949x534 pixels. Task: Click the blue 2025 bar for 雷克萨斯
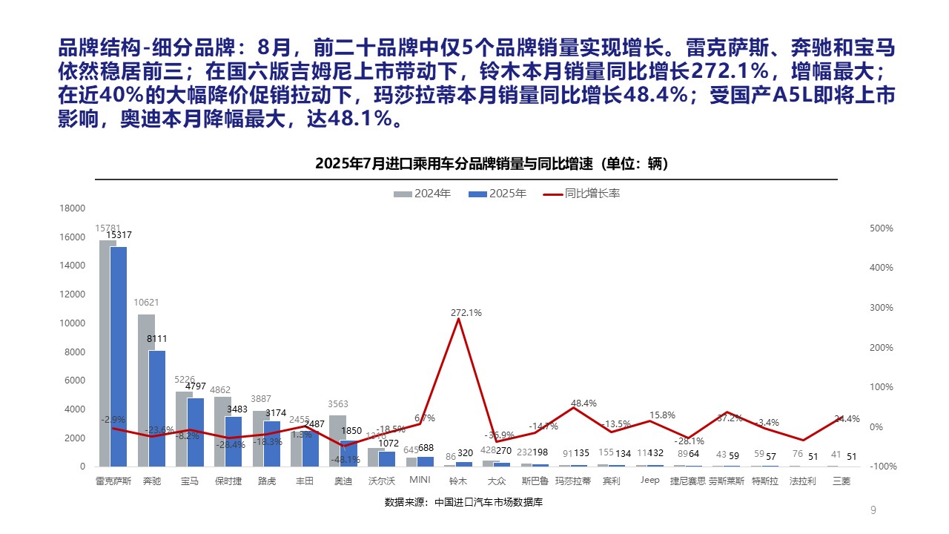click(x=119, y=356)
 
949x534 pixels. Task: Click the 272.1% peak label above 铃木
click(x=466, y=313)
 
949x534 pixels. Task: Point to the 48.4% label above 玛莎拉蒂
click(x=583, y=403)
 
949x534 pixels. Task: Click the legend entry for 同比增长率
click(x=582, y=194)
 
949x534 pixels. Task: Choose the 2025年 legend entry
click(x=498, y=194)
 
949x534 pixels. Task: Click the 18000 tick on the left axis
click(x=73, y=208)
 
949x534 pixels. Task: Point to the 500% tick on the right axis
click(x=882, y=228)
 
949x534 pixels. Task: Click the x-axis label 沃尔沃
click(x=381, y=481)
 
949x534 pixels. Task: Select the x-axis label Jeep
click(x=649, y=481)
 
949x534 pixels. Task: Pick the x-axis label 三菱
click(x=841, y=481)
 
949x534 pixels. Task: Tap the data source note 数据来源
click(x=463, y=503)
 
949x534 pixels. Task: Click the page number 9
click(x=873, y=510)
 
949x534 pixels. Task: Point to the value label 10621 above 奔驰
click(x=146, y=303)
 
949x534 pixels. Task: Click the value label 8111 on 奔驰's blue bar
click(x=156, y=339)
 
